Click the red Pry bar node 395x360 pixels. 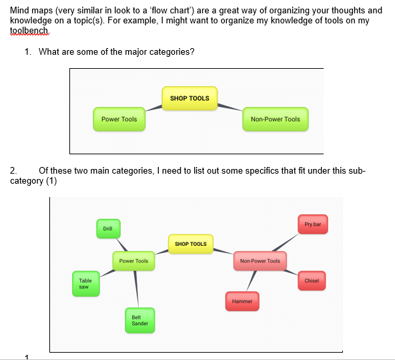[x=313, y=224]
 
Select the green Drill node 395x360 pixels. [x=108, y=228]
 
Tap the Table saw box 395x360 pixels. [x=86, y=284]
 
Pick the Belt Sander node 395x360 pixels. [x=140, y=321]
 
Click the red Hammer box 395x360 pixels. [x=242, y=301]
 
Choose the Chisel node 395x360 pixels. [x=312, y=281]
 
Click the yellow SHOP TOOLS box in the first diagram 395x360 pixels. [x=189, y=98]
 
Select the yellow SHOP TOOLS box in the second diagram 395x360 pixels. [x=191, y=244]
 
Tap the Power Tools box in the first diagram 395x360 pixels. [x=119, y=120]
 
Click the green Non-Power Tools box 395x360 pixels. [x=276, y=120]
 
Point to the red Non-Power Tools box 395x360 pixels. [x=260, y=261]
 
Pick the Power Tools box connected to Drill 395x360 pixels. [x=133, y=261]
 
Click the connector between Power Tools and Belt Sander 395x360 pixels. [x=136, y=289]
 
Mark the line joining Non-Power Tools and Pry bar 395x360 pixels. [x=286, y=242]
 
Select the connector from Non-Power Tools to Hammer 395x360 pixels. [x=252, y=281]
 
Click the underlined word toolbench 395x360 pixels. [x=29, y=30]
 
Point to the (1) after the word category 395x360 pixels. [x=51, y=181]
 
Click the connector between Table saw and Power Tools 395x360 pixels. [x=107, y=273]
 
